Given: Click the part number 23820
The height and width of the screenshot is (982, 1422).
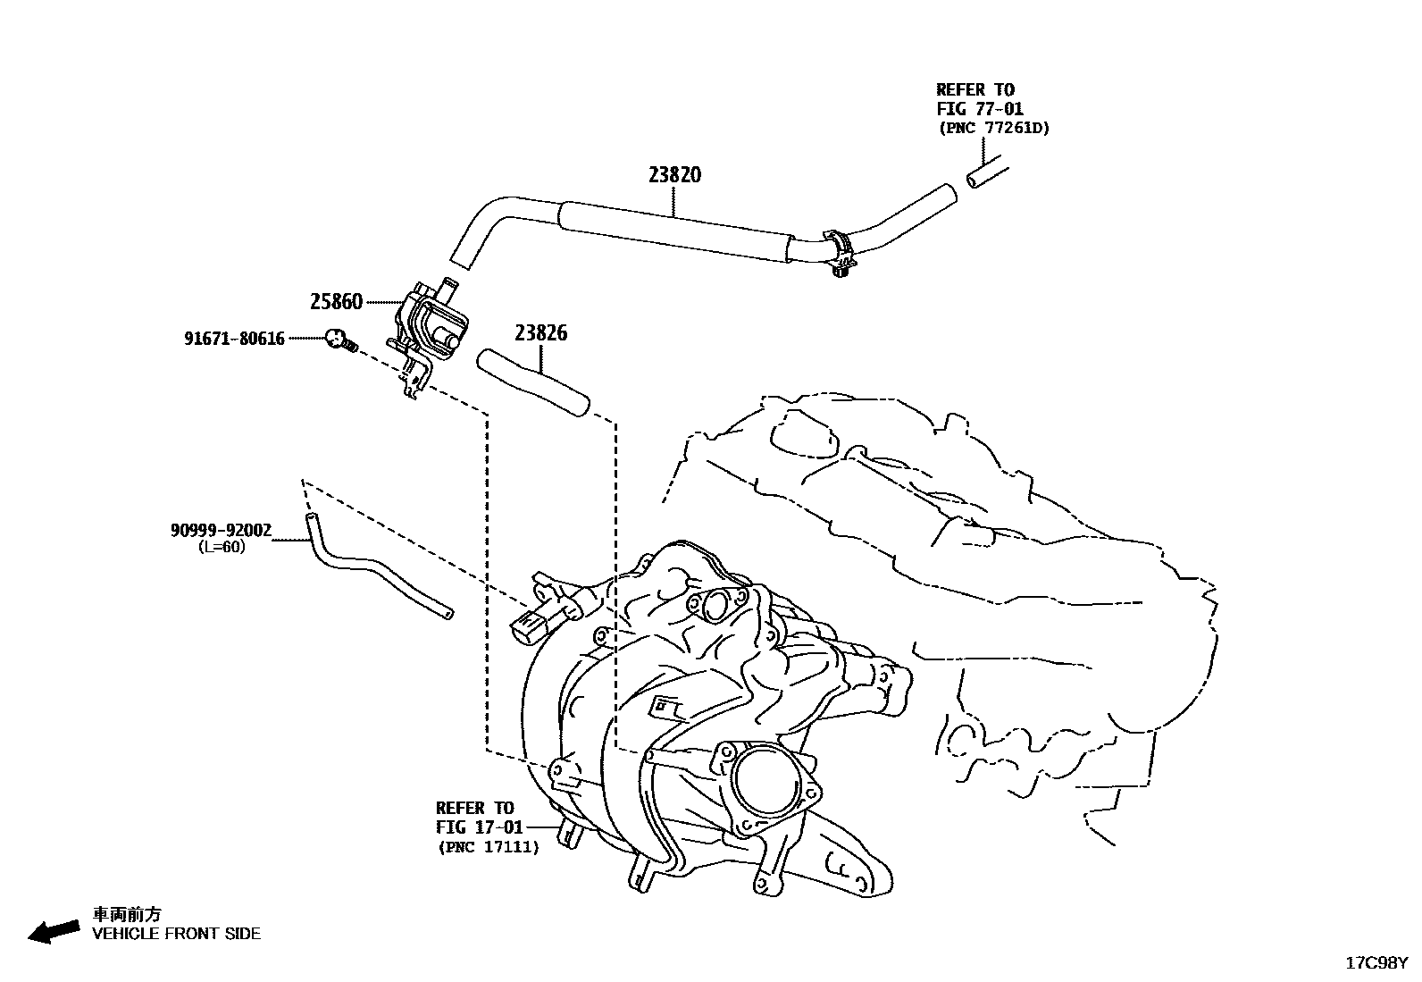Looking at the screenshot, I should (x=674, y=174).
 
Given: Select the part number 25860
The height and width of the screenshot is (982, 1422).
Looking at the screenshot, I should (x=336, y=302).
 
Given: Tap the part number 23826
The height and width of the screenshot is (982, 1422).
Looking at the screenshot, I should (x=540, y=333).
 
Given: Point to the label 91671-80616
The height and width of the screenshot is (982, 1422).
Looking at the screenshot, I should (x=234, y=339).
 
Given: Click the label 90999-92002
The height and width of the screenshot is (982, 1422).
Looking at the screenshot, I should (x=221, y=530).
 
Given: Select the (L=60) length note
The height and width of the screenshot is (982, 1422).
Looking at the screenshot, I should (x=221, y=547).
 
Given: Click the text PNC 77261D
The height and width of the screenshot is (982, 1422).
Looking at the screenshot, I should (x=994, y=128).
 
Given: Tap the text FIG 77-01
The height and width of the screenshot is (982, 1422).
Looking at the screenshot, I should (x=980, y=109).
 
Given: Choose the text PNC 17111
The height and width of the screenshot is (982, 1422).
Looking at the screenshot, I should (x=489, y=847).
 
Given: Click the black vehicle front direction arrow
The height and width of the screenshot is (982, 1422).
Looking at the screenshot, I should (x=53, y=931).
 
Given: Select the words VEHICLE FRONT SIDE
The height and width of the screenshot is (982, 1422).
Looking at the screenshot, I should (x=177, y=934).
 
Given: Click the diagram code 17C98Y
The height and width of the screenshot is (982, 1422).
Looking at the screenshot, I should (x=1376, y=963).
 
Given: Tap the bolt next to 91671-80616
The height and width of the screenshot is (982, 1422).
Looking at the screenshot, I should (x=339, y=340).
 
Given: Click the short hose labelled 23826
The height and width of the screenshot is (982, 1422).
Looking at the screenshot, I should (x=532, y=382).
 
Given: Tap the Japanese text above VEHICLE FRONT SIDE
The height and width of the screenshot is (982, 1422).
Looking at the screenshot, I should (x=128, y=914).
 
